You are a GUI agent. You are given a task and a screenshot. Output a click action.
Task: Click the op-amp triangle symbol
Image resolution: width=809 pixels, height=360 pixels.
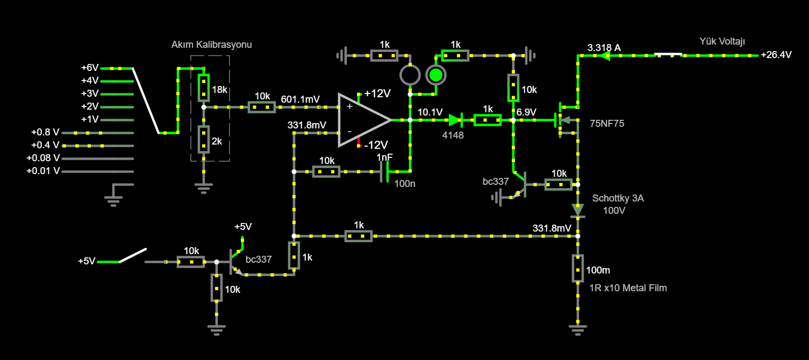(361, 120)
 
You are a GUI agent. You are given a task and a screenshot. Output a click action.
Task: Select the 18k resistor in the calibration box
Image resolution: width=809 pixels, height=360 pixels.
(203, 88)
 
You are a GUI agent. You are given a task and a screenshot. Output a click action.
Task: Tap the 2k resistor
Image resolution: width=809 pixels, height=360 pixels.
(203, 139)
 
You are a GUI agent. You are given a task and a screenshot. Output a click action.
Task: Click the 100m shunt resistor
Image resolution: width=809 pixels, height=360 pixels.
(578, 268)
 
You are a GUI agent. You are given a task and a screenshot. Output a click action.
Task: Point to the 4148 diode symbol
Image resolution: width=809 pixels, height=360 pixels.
(455, 120)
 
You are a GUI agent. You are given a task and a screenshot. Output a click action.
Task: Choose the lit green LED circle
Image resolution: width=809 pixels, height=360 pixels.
(435, 75)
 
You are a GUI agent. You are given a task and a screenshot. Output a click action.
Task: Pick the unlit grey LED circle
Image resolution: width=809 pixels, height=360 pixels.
(410, 75)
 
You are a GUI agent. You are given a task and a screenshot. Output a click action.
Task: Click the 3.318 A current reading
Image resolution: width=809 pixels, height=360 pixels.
(604, 48)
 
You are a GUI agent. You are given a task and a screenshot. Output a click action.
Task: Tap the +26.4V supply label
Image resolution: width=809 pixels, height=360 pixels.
(776, 55)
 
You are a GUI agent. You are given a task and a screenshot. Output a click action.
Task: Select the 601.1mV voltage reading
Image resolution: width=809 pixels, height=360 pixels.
(300, 99)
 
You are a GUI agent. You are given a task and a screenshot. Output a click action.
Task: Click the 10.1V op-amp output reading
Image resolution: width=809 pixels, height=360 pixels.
(430, 112)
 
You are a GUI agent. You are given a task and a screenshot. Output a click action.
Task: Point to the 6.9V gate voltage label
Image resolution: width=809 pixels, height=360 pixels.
(526, 112)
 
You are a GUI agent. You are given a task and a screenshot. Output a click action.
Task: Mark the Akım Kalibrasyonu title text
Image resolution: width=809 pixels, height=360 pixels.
(211, 45)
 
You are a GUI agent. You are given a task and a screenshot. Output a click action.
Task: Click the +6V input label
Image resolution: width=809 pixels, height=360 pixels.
(90, 68)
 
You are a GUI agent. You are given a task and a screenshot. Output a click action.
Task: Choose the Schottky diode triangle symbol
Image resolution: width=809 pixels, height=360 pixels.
(578, 210)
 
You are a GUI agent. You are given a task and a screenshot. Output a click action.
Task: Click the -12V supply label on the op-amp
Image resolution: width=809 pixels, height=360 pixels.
(375, 145)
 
